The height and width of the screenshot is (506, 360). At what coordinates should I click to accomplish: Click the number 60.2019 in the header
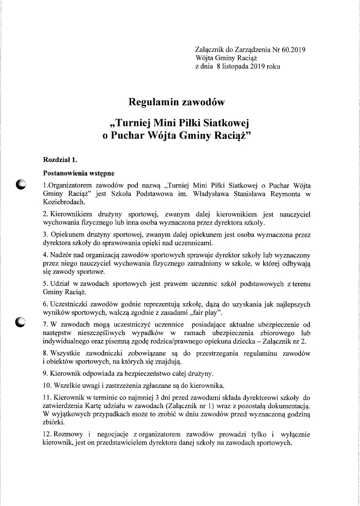pos(293,50)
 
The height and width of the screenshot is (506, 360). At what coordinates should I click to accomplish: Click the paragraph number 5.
pos(45,284)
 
